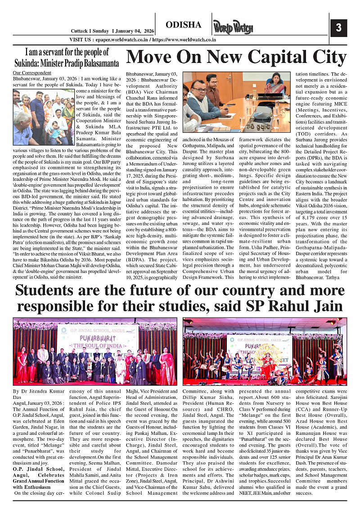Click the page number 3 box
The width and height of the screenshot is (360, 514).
(x=338, y=28)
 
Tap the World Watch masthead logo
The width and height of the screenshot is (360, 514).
(x=233, y=28)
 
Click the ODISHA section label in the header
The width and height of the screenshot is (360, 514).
(x=183, y=25)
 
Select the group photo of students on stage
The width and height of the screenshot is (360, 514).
(x=95, y=351)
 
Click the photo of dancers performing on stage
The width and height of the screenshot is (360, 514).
(x=265, y=351)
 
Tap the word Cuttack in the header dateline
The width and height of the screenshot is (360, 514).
(x=80, y=31)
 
